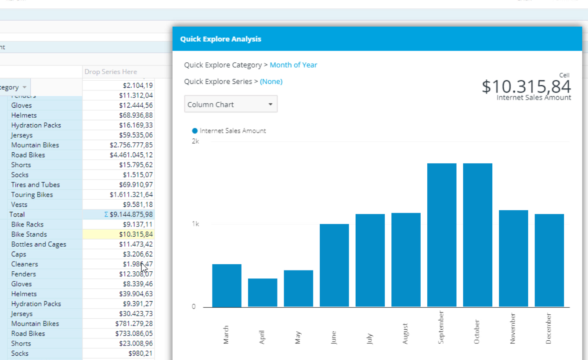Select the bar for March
227,285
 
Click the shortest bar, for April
263,293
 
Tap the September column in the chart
442,235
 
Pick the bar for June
334,265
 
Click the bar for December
549,260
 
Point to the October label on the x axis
477,331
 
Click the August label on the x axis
405,334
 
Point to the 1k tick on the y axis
195,224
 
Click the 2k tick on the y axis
195,141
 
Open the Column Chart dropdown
231,104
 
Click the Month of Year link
293,65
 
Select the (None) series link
271,82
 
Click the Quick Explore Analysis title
220,39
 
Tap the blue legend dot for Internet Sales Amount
195,131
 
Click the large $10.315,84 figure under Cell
526,86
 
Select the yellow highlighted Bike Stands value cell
119,234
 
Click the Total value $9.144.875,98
131,215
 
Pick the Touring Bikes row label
32,194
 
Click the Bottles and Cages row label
39,244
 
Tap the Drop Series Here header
111,72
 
